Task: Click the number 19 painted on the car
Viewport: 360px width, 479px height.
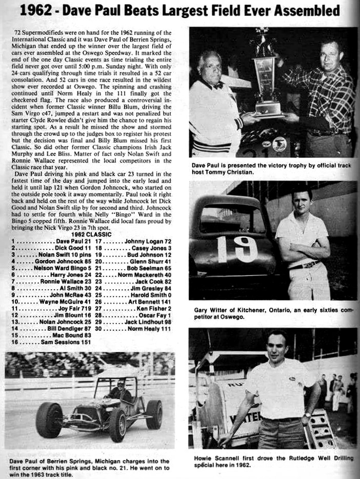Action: click(x=237, y=249)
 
